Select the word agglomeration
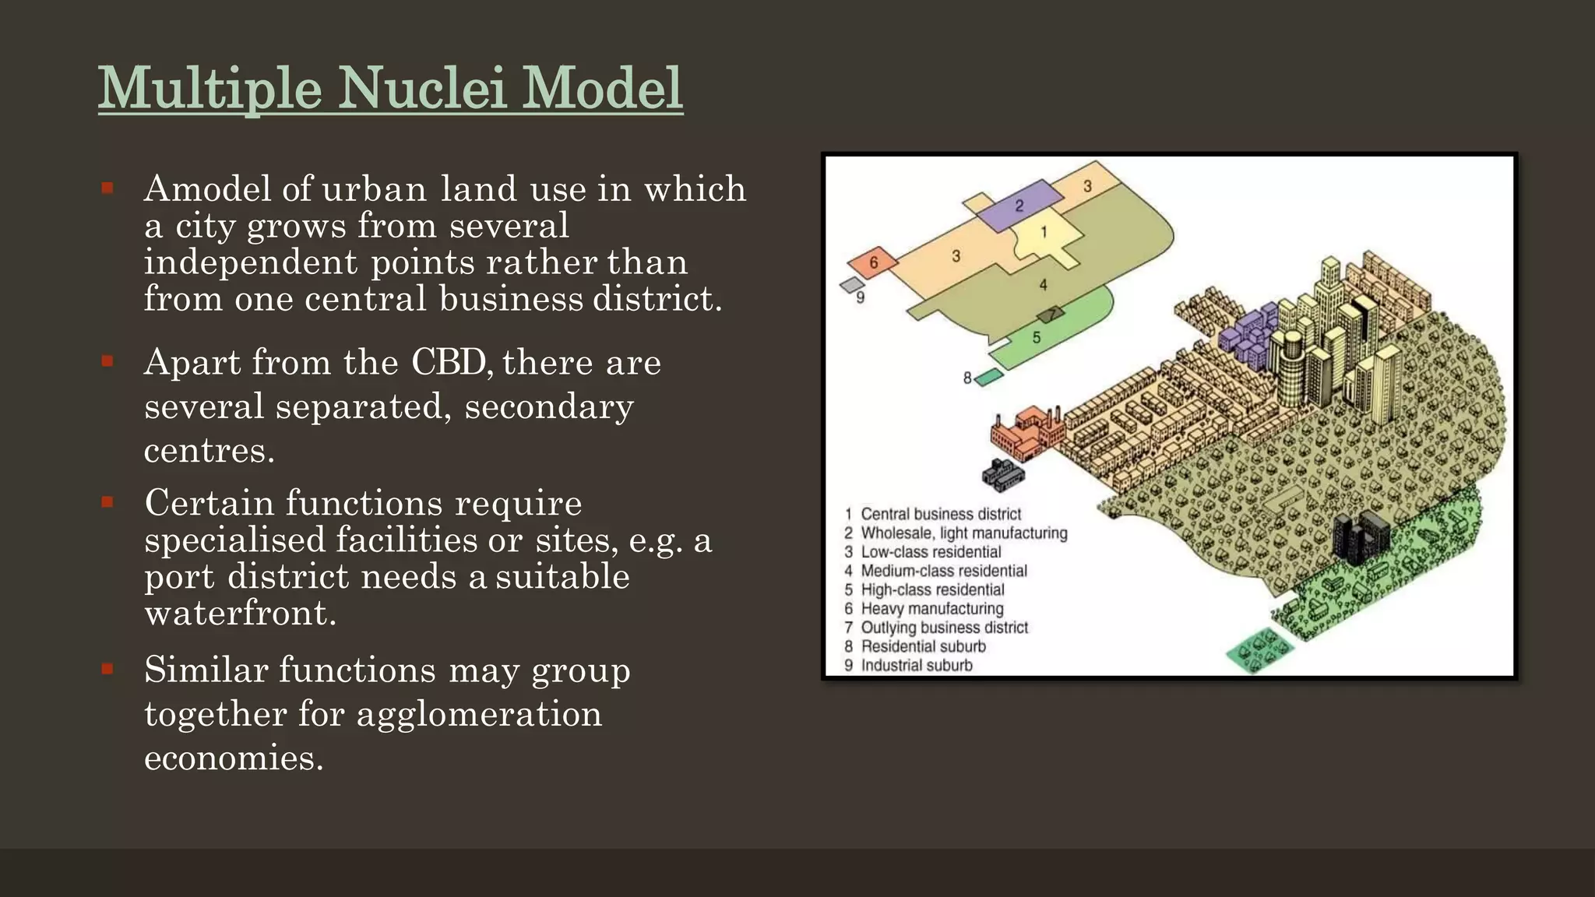pyautogui.click(x=479, y=714)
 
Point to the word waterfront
pyautogui.click(x=240, y=614)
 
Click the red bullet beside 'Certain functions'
pyautogui.click(x=107, y=501)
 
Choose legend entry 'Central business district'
pyautogui.click(x=940, y=514)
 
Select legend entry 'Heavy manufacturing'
pyautogui.click(x=931, y=609)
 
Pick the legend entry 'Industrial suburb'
pyautogui.click(x=916, y=666)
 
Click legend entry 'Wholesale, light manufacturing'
pyautogui.click(x=963, y=533)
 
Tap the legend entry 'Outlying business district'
pyautogui.click(x=944, y=628)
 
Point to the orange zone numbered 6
pyautogui.click(x=873, y=263)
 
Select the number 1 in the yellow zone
pyautogui.click(x=1044, y=232)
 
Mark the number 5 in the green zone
pyautogui.click(x=1037, y=338)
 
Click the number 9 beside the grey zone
pyautogui.click(x=860, y=297)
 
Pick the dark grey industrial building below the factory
pyautogui.click(x=1003, y=474)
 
